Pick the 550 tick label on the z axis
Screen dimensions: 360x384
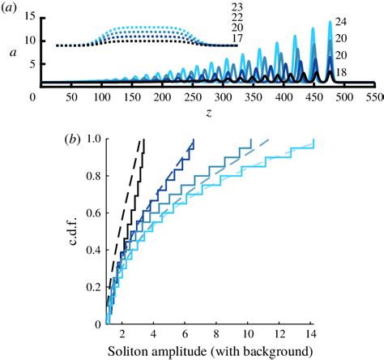click(373, 96)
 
